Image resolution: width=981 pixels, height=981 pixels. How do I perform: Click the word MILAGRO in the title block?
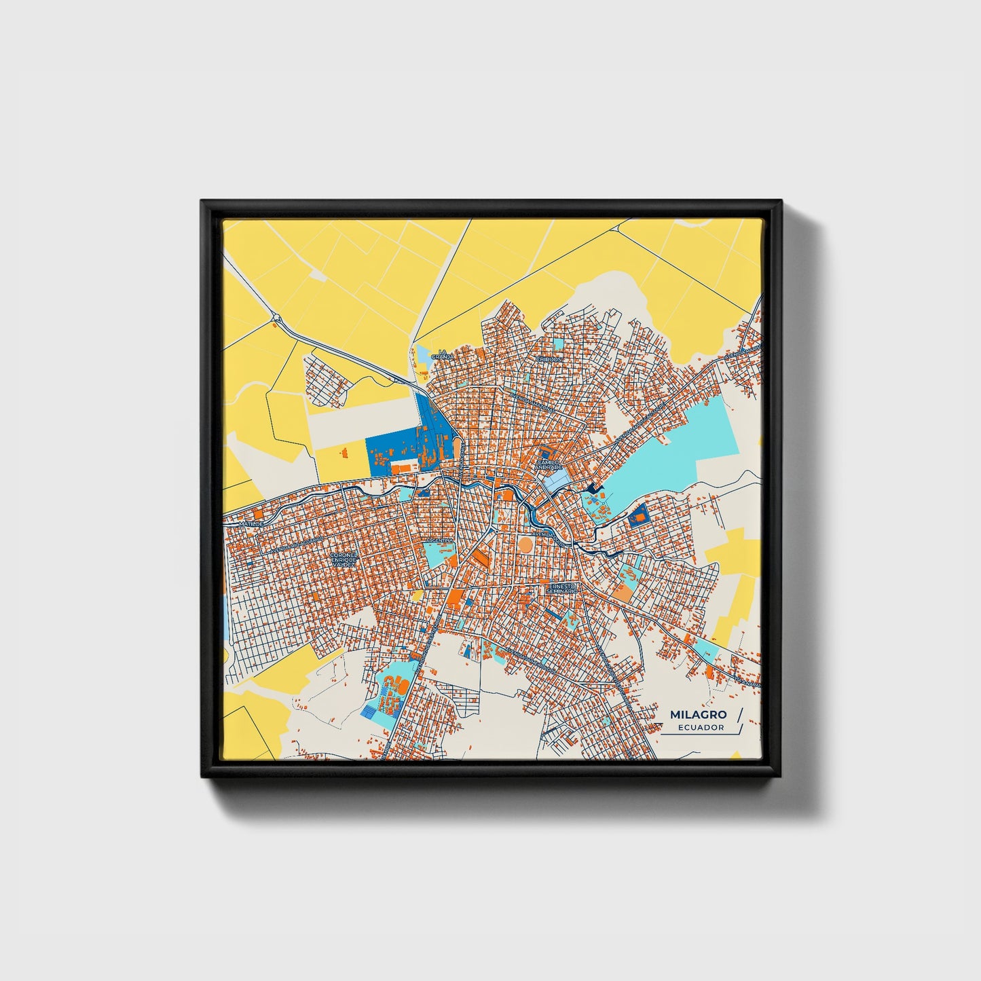[698, 714]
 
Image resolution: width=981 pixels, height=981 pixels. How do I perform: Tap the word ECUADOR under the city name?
[701, 727]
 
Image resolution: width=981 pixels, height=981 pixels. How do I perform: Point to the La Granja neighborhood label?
[441, 354]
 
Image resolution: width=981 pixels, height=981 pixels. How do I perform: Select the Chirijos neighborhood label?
[549, 359]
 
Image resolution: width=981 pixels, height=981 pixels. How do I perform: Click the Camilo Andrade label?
[549, 464]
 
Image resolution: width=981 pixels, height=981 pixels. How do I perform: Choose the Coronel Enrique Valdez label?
[343, 559]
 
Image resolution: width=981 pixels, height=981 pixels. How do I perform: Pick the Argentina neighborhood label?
[439, 540]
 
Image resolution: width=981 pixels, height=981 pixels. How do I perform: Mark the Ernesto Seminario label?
[563, 588]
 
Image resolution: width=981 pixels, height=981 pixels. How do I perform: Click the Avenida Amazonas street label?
[534, 401]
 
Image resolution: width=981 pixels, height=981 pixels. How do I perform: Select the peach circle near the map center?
[525, 544]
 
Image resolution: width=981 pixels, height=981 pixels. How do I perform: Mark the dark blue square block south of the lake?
[638, 517]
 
